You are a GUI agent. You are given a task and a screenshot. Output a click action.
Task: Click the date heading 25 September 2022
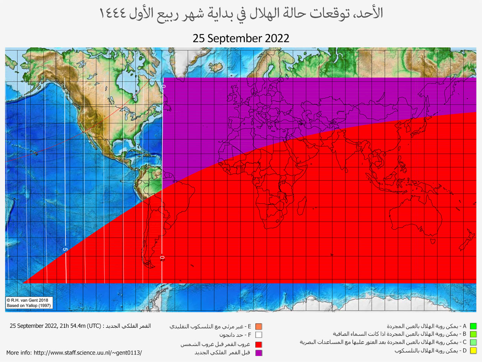coord(241,38)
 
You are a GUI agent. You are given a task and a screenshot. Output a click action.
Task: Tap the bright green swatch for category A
coord(473,326)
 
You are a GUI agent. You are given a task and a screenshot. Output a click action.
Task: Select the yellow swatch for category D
coord(473,351)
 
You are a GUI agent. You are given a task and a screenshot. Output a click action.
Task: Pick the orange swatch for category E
coord(259,327)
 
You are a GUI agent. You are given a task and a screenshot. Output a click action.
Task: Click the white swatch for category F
coord(259,335)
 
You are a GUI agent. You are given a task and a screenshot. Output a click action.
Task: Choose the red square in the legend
coord(259,344)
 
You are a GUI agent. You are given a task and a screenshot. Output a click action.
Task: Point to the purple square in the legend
coord(259,353)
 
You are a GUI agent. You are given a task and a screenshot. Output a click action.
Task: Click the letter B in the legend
coord(465,334)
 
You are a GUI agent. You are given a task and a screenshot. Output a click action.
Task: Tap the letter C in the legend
coord(465,342)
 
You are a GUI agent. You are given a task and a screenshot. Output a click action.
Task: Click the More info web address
coord(87,353)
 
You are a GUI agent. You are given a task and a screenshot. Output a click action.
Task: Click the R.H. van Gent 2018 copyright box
coord(29,303)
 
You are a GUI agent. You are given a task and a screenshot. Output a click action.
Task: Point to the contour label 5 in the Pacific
coord(65,249)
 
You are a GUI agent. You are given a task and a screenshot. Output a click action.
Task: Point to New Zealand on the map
coord(467,241)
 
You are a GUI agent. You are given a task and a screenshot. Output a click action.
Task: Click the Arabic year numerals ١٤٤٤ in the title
coord(113,14)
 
